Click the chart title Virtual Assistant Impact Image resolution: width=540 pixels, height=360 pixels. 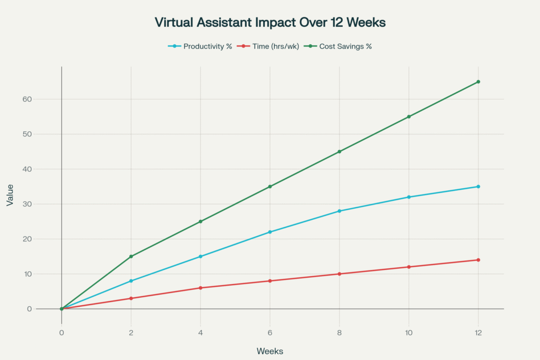pos(269,22)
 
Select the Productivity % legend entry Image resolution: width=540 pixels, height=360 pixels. pos(207,46)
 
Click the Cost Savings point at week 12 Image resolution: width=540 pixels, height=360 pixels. pos(478,82)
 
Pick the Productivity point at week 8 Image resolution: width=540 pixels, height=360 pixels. pos(339,211)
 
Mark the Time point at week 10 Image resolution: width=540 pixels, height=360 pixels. pos(409,267)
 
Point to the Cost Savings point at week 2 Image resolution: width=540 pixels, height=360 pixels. pos(131,257)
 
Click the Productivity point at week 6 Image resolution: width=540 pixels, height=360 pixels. pos(270,232)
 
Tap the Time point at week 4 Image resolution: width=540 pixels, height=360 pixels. pos(200,288)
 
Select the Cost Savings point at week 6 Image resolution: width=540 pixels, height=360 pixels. pos(270,187)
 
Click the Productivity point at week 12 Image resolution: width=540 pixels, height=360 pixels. pos(478,187)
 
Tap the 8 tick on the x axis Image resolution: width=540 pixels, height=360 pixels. pos(339,333)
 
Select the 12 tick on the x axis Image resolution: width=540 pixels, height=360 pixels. pos(478,333)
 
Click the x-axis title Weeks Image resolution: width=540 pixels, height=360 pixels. pos(269,351)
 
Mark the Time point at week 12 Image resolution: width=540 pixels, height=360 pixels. pos(478,260)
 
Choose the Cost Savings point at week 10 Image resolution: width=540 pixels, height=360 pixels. pos(409,116)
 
